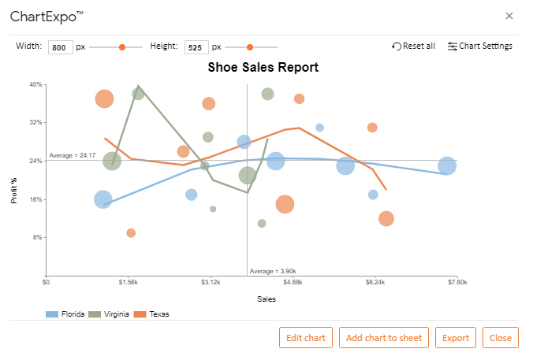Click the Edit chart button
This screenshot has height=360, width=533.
[x=306, y=338]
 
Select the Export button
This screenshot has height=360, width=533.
[x=456, y=338]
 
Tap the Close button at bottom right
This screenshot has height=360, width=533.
[x=501, y=338]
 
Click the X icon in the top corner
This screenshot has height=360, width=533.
[x=509, y=16]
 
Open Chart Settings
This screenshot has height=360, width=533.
[x=480, y=46]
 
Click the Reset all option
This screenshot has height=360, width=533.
[x=413, y=46]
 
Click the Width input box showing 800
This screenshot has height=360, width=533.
[x=61, y=47]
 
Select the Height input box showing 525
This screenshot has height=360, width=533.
[x=196, y=47]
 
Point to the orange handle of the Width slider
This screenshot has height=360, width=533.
[x=122, y=47]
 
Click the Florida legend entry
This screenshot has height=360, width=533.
[x=65, y=314]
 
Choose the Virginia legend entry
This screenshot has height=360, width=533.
[x=109, y=314]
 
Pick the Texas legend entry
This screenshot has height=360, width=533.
[x=151, y=314]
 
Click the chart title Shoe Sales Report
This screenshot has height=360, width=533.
[x=263, y=67]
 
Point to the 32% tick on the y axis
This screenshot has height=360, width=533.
[x=35, y=122]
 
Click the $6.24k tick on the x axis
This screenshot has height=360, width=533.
[x=375, y=282]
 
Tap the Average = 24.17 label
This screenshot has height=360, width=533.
[x=73, y=155]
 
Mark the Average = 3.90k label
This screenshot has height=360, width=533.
[x=273, y=271]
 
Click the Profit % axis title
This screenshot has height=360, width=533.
[x=14, y=191]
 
